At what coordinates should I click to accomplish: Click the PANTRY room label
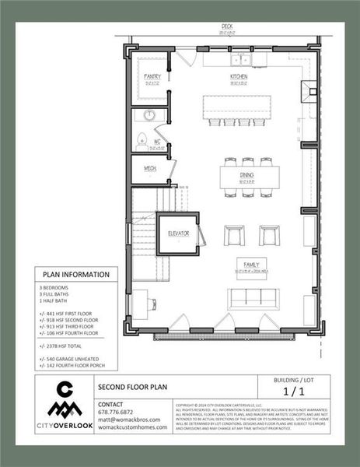click(152, 76)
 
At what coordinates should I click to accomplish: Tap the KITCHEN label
click(238, 77)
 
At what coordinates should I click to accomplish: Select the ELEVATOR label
click(178, 233)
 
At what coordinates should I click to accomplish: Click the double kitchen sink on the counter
click(238, 59)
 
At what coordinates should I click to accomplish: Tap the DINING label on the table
click(246, 176)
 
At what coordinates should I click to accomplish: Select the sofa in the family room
click(247, 298)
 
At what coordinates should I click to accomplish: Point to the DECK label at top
click(227, 26)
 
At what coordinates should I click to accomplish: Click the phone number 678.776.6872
click(115, 412)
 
